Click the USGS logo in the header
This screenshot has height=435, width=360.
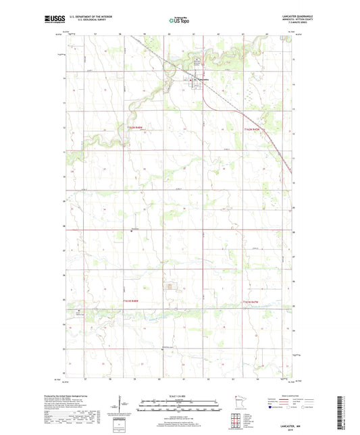[55, 20]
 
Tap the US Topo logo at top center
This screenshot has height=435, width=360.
[180, 20]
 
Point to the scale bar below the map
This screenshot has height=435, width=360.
[180, 407]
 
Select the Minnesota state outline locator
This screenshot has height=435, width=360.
[233, 405]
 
